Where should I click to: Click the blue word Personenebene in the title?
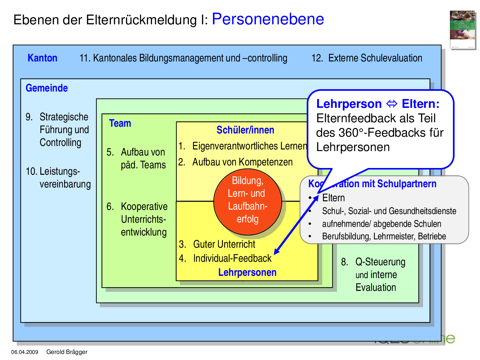268,19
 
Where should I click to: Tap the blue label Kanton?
42,58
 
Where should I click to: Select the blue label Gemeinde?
47,88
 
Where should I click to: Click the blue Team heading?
120,123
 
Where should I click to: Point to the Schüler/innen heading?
245,130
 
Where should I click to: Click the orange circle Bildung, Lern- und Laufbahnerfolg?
247,202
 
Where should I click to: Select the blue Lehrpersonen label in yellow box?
247,272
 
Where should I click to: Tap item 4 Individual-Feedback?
232,258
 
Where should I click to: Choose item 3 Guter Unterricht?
224,244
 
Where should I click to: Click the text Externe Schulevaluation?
375,58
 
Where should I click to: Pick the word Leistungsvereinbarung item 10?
60,178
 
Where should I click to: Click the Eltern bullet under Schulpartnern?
333,198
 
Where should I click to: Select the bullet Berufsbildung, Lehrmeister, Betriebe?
384,236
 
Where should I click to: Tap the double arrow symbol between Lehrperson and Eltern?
392,104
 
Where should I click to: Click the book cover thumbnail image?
462,30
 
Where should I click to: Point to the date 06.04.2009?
25,352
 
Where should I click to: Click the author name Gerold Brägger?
67,352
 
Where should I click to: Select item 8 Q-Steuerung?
380,262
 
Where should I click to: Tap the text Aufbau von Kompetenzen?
242,162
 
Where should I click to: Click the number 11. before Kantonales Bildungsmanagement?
85,58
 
